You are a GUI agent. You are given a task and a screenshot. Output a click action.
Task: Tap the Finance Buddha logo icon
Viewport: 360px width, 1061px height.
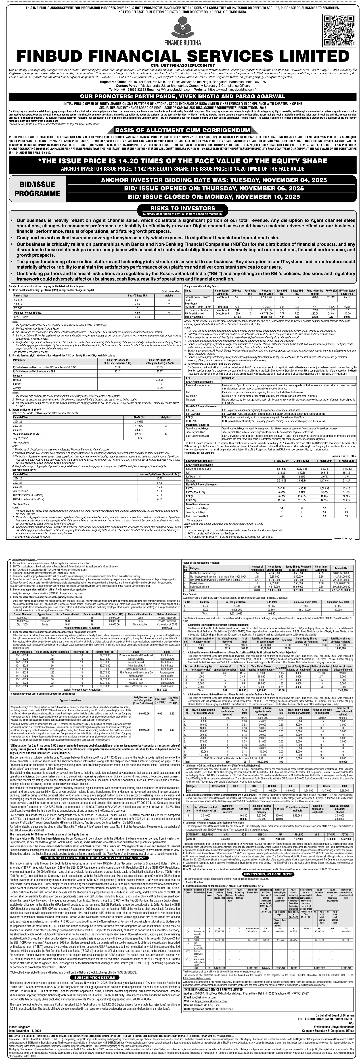tap(180, 30)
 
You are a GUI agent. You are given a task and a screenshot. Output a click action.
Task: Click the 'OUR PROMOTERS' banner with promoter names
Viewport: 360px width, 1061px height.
tap(180, 96)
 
